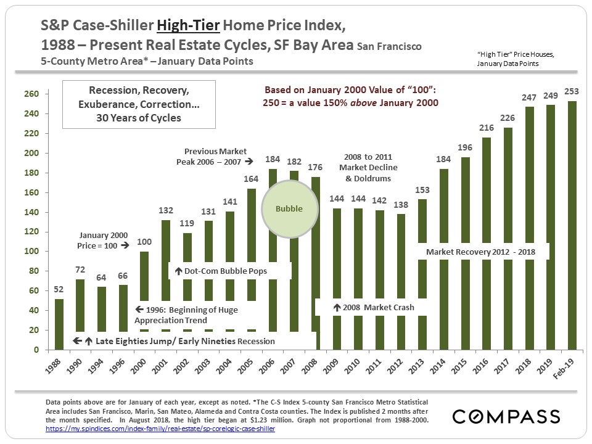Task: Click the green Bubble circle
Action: (289, 208)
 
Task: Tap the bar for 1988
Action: (59, 324)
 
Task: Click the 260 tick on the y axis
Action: (31, 94)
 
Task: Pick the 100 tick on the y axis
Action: (31, 252)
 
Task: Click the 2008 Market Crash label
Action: (374, 307)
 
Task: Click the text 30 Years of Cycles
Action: (139, 117)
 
